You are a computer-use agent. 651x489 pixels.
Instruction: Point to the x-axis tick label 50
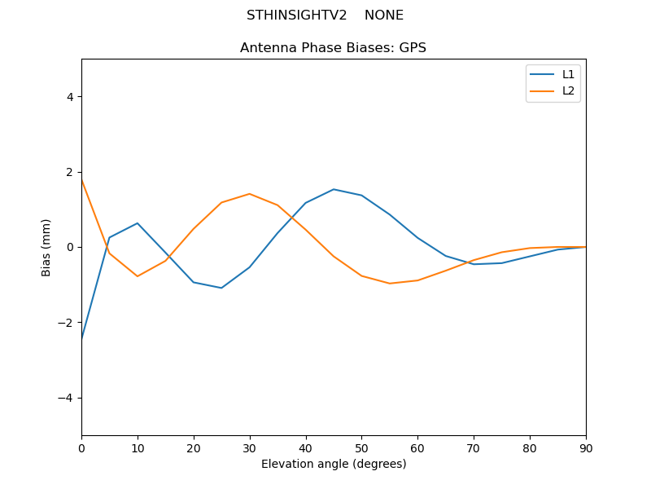361,447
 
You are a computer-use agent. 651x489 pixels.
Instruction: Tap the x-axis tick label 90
585,447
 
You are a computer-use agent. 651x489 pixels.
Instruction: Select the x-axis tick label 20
194,447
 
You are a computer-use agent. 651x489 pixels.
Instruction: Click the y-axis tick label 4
70,97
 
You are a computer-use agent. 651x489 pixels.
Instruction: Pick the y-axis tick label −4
67,398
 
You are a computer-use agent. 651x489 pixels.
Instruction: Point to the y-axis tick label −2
67,323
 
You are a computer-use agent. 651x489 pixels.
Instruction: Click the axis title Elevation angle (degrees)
334,464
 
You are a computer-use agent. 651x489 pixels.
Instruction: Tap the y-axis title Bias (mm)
47,247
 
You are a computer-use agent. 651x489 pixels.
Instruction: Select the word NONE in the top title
384,15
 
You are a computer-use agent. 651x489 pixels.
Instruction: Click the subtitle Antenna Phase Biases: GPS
334,48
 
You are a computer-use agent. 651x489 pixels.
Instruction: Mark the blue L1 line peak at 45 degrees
334,189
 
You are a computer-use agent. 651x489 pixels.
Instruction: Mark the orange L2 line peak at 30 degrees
249,194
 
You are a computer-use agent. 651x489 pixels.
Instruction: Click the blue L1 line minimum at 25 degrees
221,288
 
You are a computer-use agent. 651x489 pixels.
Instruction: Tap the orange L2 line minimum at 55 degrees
390,284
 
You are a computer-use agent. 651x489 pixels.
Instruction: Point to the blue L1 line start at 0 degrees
82,337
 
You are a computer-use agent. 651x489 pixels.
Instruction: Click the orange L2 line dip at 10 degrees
138,276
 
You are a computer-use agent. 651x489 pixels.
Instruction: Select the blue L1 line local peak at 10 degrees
138,223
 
